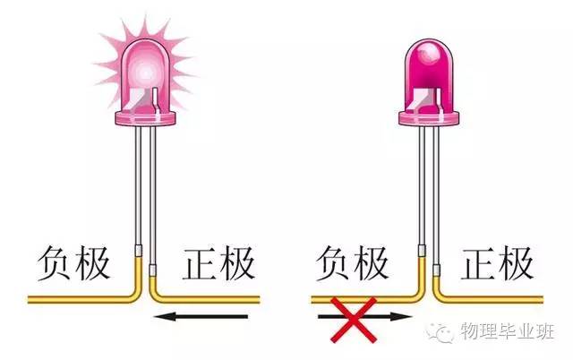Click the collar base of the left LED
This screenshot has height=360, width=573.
(146, 117)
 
